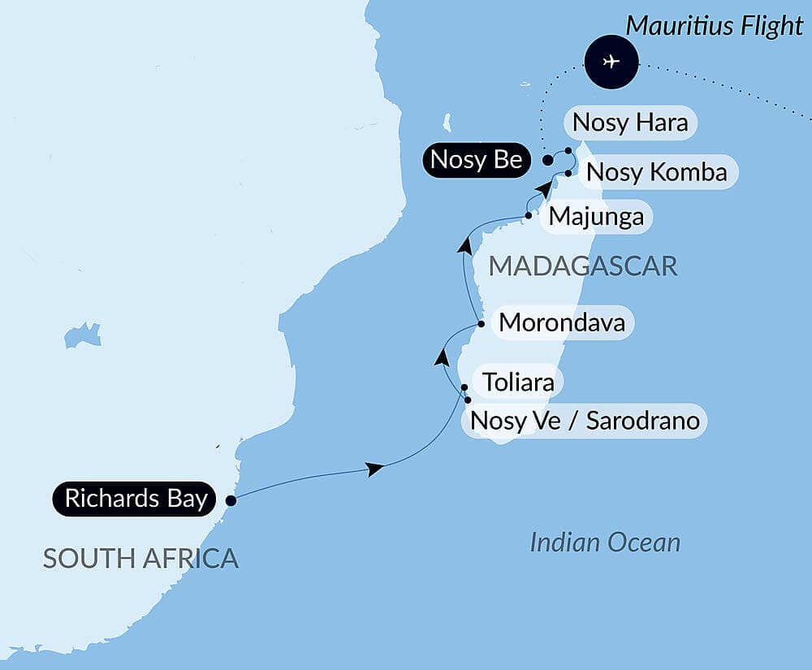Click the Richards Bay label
pos(136,498)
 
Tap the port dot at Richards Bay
pos(231,501)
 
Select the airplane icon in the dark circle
pos(611,61)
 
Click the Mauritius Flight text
pos(714,25)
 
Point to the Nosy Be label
pos(476,160)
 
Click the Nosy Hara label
pos(630,123)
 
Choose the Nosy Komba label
pos(656,172)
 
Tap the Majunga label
pos(596,217)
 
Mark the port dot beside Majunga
pos(529,216)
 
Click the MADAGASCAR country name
pos(582,266)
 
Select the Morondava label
pos(562,322)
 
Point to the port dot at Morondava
pos(481,324)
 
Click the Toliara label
pos(518,381)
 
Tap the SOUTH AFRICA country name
pos(140,558)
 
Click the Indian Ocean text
pos(605,542)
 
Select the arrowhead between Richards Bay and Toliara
pos(374,469)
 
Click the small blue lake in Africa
pos(82,335)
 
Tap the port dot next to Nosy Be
pos(548,160)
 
